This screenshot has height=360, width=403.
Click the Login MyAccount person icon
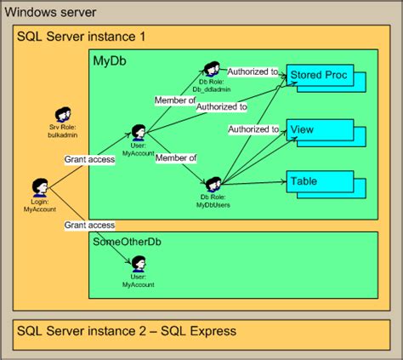tap(39, 187)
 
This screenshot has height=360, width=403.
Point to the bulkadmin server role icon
tap(61, 115)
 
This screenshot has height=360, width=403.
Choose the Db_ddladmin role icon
tap(212, 69)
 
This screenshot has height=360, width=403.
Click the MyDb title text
tap(111, 62)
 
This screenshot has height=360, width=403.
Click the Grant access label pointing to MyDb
tap(89, 159)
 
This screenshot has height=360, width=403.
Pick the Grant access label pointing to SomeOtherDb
tap(89, 226)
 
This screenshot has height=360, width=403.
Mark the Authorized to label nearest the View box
tap(253, 129)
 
